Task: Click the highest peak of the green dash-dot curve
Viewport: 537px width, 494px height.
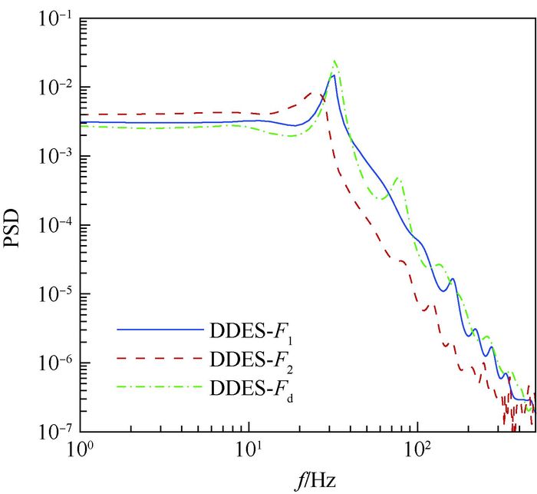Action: [334, 61]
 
